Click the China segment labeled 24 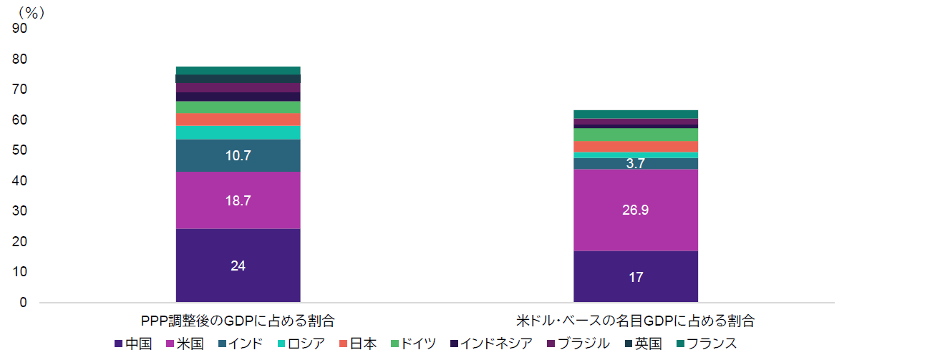[x=238, y=266]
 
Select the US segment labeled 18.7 [x=238, y=200]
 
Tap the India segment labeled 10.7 [x=238, y=155]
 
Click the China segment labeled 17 [x=636, y=276]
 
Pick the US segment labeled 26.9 [x=636, y=210]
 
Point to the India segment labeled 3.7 [x=636, y=163]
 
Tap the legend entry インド [x=241, y=344]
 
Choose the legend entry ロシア [x=300, y=344]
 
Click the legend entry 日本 [x=357, y=344]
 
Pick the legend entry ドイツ [x=413, y=344]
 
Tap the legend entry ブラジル [x=578, y=344]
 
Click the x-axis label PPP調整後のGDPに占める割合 [x=238, y=321]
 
